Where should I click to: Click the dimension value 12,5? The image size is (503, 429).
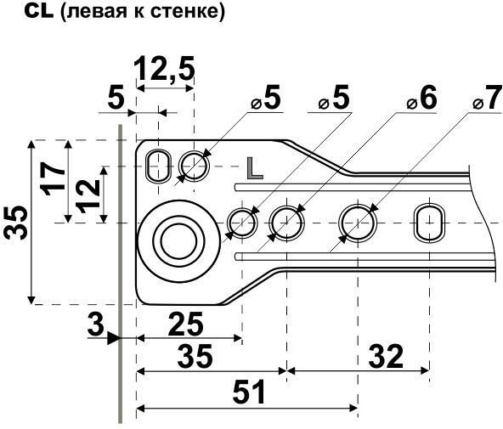click(x=164, y=69)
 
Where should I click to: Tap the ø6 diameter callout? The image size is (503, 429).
click(x=422, y=98)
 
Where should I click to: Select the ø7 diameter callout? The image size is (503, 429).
click(x=488, y=98)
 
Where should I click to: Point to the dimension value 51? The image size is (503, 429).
click(x=249, y=392)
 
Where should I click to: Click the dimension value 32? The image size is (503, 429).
click(x=386, y=356)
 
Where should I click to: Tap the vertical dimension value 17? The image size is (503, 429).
click(x=53, y=178)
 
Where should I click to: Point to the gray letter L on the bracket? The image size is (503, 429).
click(x=255, y=168)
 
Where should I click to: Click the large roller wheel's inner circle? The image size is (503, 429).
click(x=178, y=241)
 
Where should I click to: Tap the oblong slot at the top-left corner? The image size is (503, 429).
click(x=158, y=167)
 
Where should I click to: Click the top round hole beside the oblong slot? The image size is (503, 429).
click(x=194, y=167)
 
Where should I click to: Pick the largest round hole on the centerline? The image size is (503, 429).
click(x=358, y=223)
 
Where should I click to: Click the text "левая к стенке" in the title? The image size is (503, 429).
click(x=143, y=12)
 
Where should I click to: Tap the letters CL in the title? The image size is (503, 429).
click(x=39, y=12)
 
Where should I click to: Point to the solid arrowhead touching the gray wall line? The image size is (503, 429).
click(x=113, y=339)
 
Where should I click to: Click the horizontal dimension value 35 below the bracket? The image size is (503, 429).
click(x=195, y=356)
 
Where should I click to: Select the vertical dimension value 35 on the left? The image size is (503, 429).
click(x=16, y=223)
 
